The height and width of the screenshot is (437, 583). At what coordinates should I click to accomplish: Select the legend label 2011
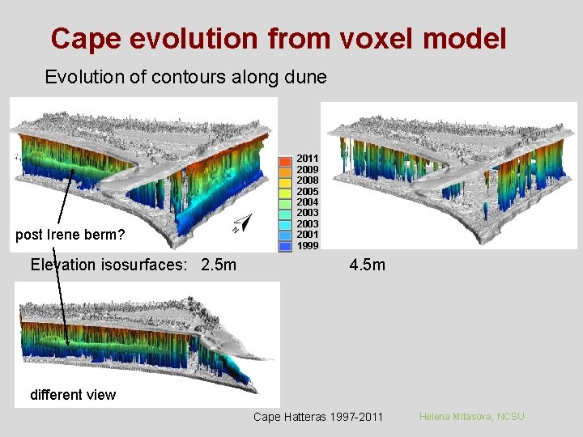tap(308, 158)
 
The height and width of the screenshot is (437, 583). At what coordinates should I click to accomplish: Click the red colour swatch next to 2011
tap(286, 159)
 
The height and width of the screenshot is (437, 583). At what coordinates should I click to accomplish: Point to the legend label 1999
tap(308, 245)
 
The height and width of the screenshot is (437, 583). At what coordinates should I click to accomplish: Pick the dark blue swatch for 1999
tap(286, 244)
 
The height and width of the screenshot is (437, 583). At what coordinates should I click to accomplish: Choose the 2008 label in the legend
tap(308, 180)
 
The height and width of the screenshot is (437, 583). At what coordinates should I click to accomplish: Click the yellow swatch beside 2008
tap(286, 180)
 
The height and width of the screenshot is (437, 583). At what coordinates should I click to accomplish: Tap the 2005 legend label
tap(308, 191)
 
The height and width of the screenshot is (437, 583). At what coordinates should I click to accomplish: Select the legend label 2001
tap(308, 235)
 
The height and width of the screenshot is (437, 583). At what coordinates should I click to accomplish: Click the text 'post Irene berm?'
tap(70, 235)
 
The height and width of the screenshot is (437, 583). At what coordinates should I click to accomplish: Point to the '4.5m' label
tap(368, 265)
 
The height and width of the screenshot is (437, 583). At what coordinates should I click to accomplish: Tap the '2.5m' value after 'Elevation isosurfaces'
tap(218, 265)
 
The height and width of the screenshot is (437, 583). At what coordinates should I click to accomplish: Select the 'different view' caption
tap(73, 395)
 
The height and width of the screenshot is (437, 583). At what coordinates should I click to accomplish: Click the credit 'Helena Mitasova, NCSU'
tap(471, 416)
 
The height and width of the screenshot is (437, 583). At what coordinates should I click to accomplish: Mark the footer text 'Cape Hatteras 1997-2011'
tap(317, 417)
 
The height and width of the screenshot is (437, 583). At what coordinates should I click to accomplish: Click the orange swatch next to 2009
tap(286, 169)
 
